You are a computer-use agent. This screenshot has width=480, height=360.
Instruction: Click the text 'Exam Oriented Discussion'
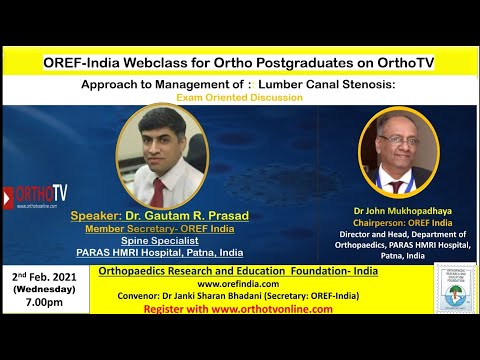coord(239,98)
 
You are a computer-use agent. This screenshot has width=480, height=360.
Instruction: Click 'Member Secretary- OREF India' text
coord(141,229)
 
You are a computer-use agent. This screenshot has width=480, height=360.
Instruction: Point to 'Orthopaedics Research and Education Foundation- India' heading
coord(248,270)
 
